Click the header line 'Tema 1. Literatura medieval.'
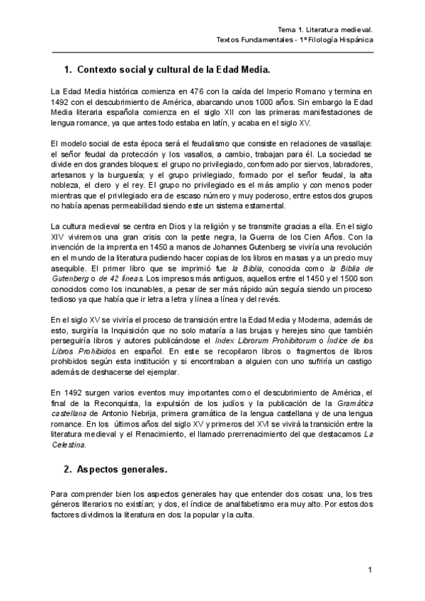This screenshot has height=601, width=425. [x=325, y=30]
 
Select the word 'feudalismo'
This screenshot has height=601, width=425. [x=207, y=144]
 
